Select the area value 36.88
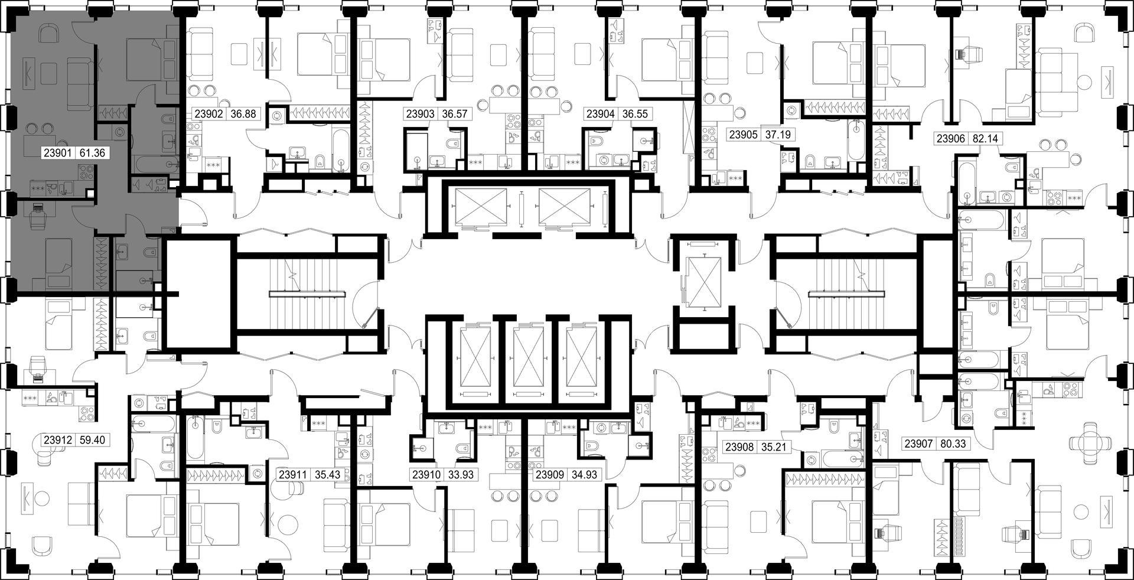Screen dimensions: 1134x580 [243, 114]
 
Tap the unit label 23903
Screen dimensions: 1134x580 [420, 114]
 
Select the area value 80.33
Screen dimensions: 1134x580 [952, 443]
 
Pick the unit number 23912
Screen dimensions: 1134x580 [58, 440]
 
